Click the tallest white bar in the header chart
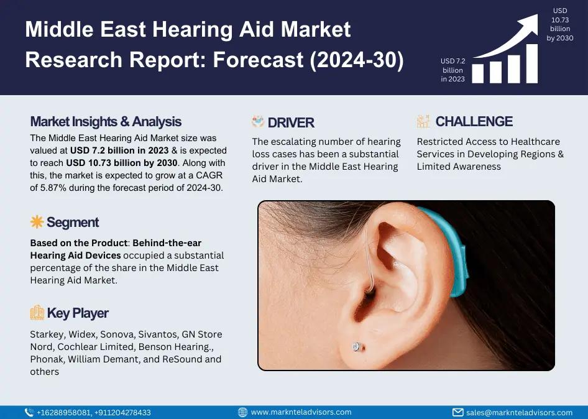(532, 63)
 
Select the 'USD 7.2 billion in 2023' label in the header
(452, 70)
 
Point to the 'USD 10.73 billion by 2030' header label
(560, 24)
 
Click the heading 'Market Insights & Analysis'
(106, 122)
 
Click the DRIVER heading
(291, 122)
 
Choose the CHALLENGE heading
(474, 122)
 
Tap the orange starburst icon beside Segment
(37, 222)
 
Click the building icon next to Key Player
(37, 313)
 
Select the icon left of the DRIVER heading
(257, 122)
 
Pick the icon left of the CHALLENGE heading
(423, 121)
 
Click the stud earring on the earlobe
(357, 347)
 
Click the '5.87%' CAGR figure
(48, 188)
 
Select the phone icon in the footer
(29, 413)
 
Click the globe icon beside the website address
(242, 412)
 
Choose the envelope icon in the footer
(458, 413)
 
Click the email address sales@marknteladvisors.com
(520, 413)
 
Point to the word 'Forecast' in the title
(258, 60)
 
